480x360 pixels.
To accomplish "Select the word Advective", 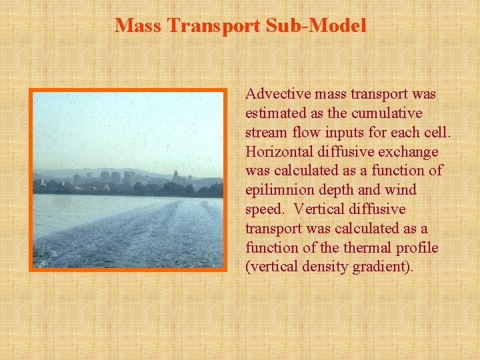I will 275,94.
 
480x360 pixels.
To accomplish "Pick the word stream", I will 264,133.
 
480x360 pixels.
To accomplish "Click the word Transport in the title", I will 213,25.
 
